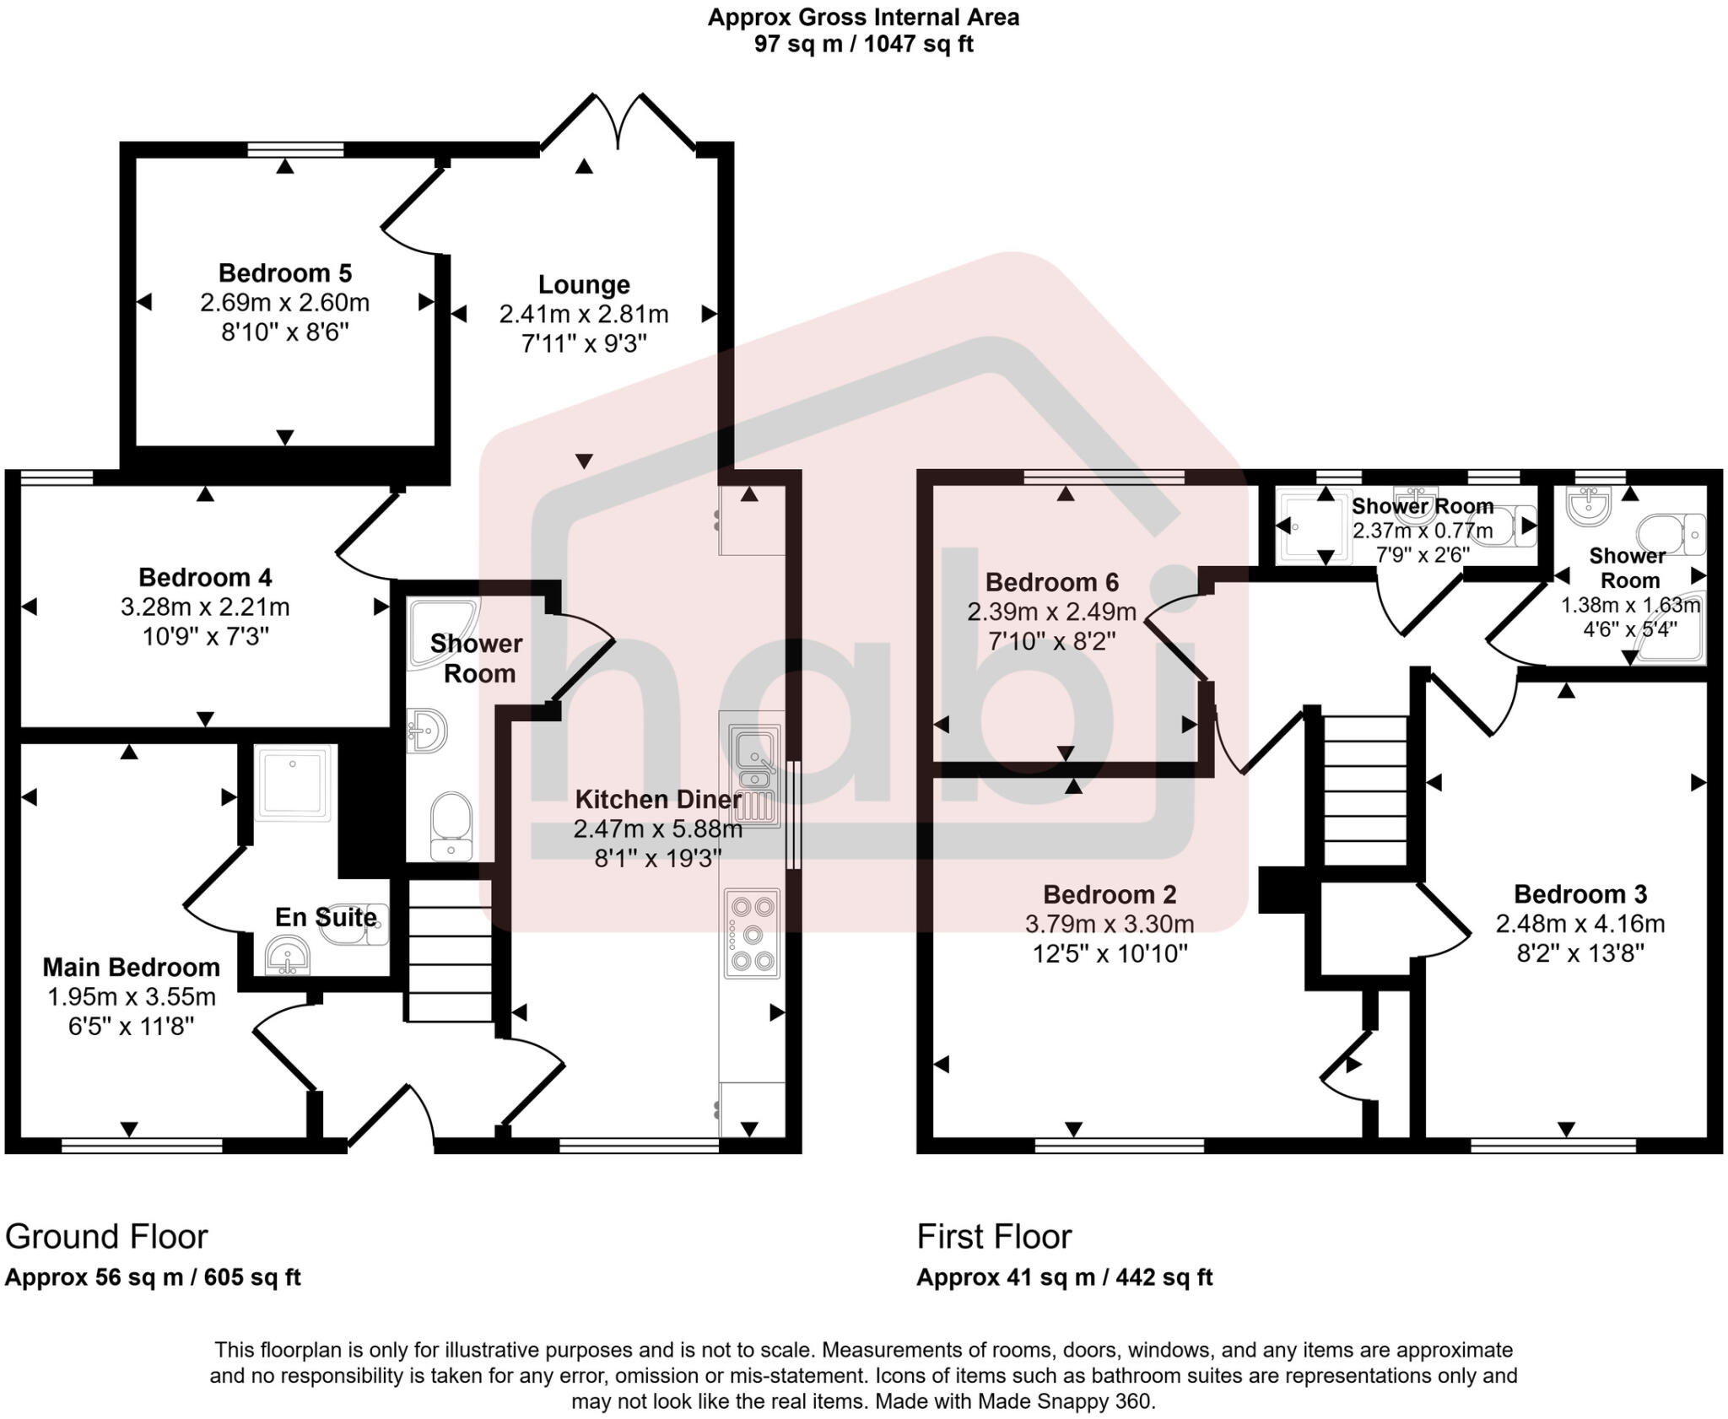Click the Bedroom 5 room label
pyautogui.click(x=284, y=273)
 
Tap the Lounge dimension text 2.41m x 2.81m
pyautogui.click(x=584, y=315)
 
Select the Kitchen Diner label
pyautogui.click(x=658, y=799)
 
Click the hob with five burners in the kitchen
pyautogui.click(x=752, y=934)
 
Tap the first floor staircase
pyautogui.click(x=1364, y=790)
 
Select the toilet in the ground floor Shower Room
pyautogui.click(x=451, y=825)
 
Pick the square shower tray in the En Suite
pyautogui.click(x=294, y=782)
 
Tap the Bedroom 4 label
pyautogui.click(x=205, y=578)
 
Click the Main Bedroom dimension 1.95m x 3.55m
pyautogui.click(x=132, y=997)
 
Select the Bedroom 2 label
pyautogui.click(x=1110, y=894)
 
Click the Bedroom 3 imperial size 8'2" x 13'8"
pyautogui.click(x=1580, y=953)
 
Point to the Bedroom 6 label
pyautogui.click(x=1051, y=582)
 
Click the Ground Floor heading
pyautogui.click(x=106, y=1237)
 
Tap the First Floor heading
pyautogui.click(x=994, y=1237)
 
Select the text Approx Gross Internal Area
pyautogui.click(x=863, y=17)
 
